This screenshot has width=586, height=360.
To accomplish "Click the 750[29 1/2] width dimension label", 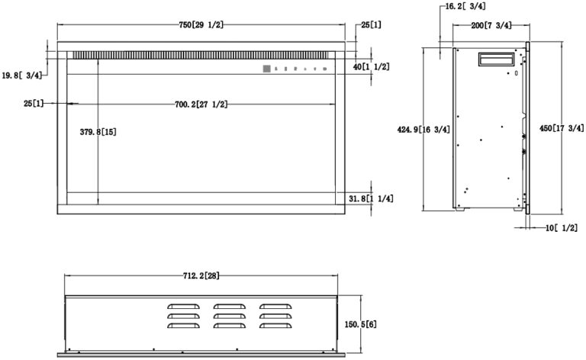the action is coord(201,25).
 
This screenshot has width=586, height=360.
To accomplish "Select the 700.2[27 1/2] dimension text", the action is coord(201,104).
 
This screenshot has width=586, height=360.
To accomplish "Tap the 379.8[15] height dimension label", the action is coord(98,132).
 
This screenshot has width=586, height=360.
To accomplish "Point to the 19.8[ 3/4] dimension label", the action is coord(22,76).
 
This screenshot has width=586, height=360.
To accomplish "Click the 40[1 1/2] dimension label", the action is coord(371,67).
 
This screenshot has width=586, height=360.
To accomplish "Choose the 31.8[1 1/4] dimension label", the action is coord(371,198).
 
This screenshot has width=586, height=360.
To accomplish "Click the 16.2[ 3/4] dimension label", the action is coord(465,6).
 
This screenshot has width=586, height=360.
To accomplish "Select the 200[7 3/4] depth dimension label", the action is coord(491,25).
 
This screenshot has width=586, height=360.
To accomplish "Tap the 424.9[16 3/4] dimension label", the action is coord(423,130).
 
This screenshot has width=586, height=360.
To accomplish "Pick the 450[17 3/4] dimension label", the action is coord(562,128).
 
